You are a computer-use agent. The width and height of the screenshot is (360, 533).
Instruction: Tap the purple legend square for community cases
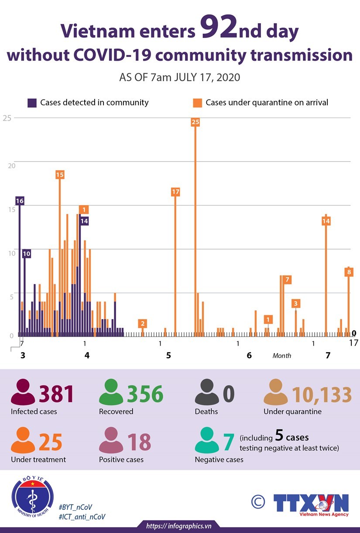coord(32,103)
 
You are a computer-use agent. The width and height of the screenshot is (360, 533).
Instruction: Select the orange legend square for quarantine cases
coord(198,103)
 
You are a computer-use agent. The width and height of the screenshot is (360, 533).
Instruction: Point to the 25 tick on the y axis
coord(6,117)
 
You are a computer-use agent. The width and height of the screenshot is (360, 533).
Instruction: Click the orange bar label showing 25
coord(195,122)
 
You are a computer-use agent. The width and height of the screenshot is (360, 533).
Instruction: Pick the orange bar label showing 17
coord(175,192)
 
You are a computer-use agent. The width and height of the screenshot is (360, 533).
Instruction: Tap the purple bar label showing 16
coord(20,201)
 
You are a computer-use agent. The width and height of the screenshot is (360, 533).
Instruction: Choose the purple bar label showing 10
coord(26,253)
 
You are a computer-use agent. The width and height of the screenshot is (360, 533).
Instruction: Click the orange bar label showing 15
coord(60,175)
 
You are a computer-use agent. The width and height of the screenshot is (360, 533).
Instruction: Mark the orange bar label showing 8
coord(349,272)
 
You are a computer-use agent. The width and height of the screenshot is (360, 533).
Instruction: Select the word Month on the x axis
coord(281,355)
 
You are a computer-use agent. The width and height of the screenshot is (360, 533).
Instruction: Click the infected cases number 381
coord(56,394)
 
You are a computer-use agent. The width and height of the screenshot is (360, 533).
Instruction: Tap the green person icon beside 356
coord(111,392)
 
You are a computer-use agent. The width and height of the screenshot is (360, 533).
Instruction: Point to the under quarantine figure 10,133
coord(322,394)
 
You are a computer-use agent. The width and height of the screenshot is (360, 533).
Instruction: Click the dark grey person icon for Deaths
coord(206,392)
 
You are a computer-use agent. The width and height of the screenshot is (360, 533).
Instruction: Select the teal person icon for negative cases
coord(206,441)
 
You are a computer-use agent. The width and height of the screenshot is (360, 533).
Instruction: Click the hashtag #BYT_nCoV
coord(75,507)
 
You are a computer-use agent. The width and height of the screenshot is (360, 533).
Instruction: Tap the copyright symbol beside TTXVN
coord(258,502)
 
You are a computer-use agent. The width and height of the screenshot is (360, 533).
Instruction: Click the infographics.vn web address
coord(179,526)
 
